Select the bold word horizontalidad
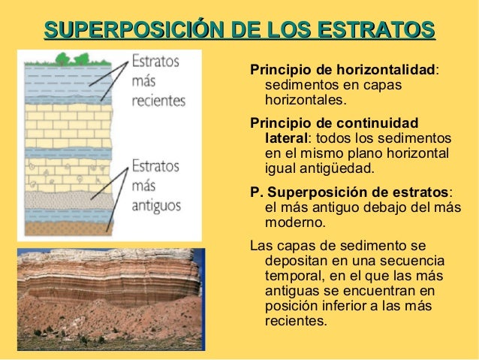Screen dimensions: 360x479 (x=384, y=70)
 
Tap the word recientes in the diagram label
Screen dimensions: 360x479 (x=158, y=101)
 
